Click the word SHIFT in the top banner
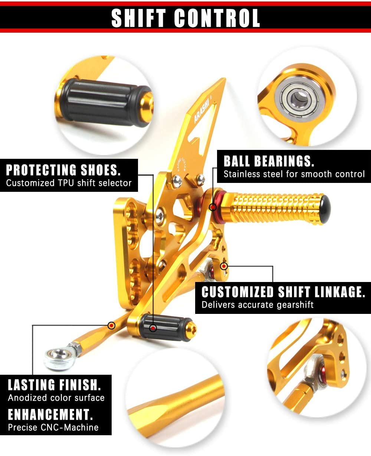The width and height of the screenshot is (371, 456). tap(139, 18)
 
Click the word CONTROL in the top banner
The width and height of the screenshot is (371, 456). tap(217, 18)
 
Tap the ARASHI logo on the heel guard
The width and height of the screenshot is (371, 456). tap(201, 112)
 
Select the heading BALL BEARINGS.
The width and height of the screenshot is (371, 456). tap(269, 161)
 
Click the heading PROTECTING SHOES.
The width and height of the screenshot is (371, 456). tap(63, 170)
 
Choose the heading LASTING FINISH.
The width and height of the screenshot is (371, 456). tap(55, 385)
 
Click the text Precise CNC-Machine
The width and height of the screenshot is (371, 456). tap(53, 427)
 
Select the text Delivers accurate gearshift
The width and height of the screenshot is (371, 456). tap(257, 305)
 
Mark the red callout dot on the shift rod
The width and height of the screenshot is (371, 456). tap(111, 326)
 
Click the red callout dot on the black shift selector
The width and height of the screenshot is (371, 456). tap(153, 328)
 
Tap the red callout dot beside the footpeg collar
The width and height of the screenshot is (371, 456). tap(213, 207)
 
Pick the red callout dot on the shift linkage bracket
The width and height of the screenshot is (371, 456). tap(224, 266)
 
